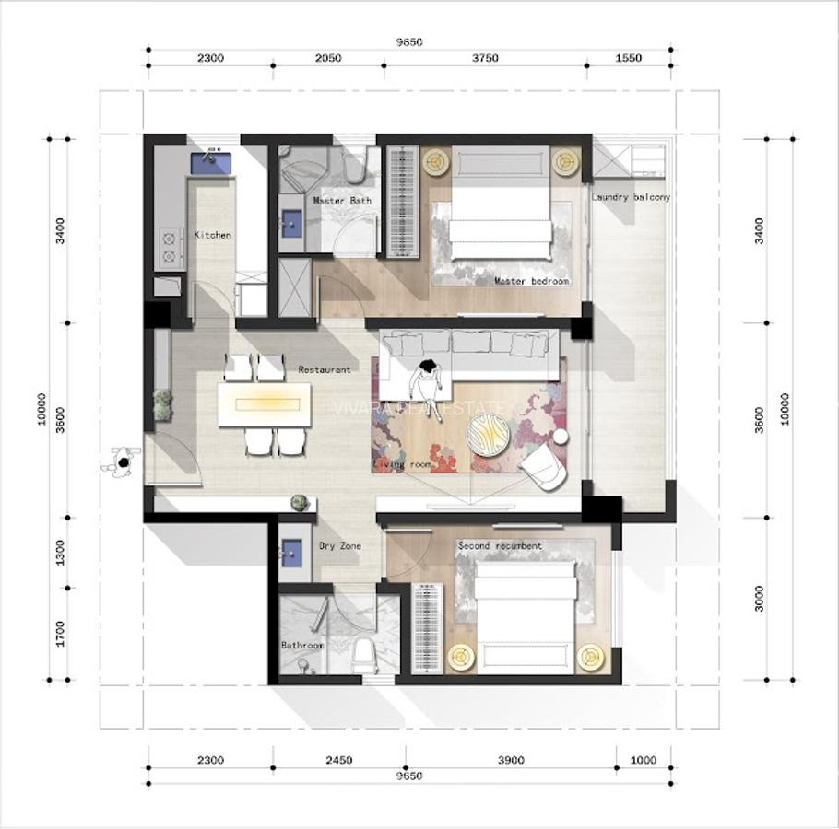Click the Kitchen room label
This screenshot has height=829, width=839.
click(212, 236)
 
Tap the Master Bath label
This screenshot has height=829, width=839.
click(342, 201)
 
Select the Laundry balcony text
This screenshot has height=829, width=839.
click(631, 197)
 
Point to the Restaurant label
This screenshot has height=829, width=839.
click(324, 369)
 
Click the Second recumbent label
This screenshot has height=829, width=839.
click(500, 546)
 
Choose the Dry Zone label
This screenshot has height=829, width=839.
click(339, 546)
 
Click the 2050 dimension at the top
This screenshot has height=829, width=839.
click(327, 58)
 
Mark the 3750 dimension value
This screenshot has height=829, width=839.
click(485, 58)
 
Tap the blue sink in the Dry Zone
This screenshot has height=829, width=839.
click(292, 551)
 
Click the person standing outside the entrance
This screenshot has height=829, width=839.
click(120, 462)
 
